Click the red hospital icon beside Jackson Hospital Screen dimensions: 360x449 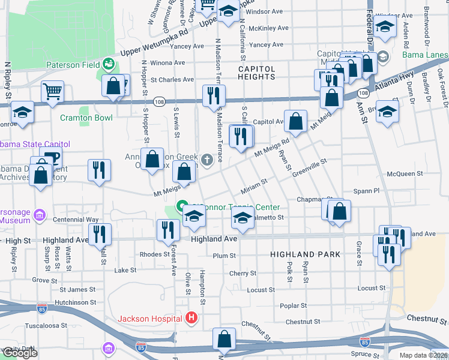(x=191, y=317)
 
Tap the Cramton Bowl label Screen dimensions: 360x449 (x=86, y=118)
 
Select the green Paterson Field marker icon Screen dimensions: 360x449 (x=109, y=62)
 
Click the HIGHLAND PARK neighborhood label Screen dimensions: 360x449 (x=305, y=254)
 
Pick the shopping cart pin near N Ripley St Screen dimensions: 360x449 (x=53, y=92)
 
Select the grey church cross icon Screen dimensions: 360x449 (x=207, y=159)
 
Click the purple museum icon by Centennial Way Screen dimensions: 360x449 (x=40, y=214)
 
